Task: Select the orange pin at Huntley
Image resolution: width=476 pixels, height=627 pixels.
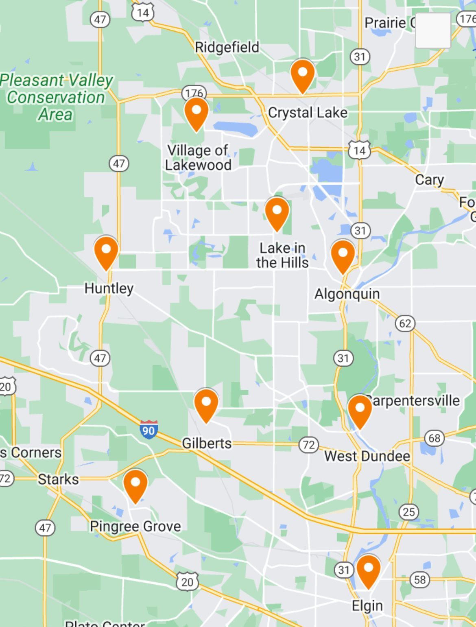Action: tap(106, 252)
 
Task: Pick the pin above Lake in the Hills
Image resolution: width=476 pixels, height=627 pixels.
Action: tap(277, 213)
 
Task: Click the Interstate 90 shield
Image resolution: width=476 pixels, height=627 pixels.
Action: tap(148, 430)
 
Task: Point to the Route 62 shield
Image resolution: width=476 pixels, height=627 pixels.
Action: tap(405, 323)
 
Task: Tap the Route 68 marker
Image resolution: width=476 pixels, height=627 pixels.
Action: tap(435, 438)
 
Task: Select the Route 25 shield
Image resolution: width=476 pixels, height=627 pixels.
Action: tap(409, 511)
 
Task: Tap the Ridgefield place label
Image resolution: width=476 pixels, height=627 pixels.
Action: tap(227, 47)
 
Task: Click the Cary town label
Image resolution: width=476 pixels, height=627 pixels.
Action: tap(429, 179)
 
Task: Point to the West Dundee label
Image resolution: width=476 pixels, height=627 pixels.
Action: tap(367, 456)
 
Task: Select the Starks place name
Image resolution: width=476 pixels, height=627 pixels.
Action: tap(58, 479)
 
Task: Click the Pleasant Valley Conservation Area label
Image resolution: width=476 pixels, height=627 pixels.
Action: tap(57, 98)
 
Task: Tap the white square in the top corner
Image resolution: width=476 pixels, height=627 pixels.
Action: tap(433, 31)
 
